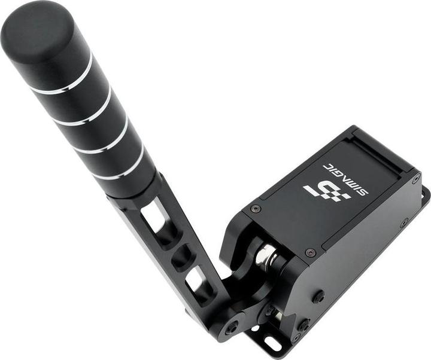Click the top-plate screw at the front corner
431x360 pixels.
coord(310,253)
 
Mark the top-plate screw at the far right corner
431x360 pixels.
coord(415,179)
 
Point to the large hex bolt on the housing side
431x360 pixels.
coord(319,296)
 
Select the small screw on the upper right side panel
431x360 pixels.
coord(405,222)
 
